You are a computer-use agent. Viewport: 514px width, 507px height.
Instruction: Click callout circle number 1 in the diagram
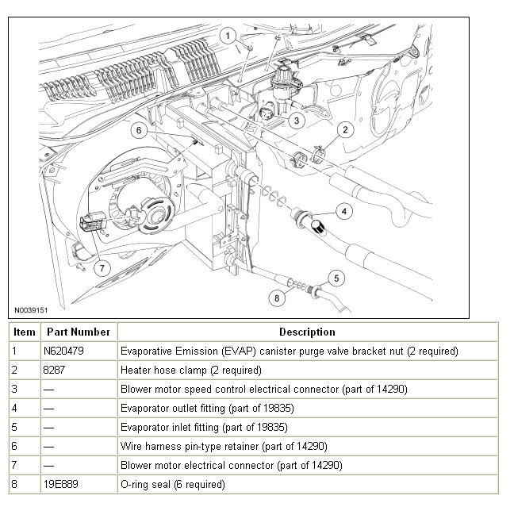point(228,36)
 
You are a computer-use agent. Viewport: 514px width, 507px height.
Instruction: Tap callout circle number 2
point(345,130)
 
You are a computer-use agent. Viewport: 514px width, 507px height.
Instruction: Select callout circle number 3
point(297,121)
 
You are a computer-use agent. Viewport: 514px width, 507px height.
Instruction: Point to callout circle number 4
point(344,211)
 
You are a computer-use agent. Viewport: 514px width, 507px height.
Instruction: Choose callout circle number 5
point(336,278)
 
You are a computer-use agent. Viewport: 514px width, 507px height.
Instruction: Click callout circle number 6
point(139,131)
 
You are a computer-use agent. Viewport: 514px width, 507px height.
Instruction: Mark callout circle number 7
point(102,268)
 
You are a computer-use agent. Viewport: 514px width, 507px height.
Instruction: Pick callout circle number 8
point(277,298)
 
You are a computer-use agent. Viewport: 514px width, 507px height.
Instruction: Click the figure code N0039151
point(31,310)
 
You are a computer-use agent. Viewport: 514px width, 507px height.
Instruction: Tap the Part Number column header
point(79,332)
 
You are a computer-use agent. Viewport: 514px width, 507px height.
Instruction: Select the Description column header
point(307,332)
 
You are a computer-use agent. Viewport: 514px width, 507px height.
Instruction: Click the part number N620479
point(63,351)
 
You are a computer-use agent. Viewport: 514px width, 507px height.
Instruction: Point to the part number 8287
point(54,370)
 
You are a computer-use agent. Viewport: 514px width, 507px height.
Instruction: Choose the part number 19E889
point(60,484)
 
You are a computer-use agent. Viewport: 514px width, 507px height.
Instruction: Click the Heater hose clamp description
point(191,370)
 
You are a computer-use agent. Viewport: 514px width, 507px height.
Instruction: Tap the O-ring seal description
point(173,484)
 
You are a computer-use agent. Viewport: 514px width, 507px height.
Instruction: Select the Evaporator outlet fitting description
point(207,408)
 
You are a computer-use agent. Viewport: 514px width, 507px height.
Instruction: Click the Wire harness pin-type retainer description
point(224,446)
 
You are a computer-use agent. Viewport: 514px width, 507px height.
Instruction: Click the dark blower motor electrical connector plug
point(92,222)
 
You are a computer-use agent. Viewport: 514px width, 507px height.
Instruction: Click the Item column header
point(25,332)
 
